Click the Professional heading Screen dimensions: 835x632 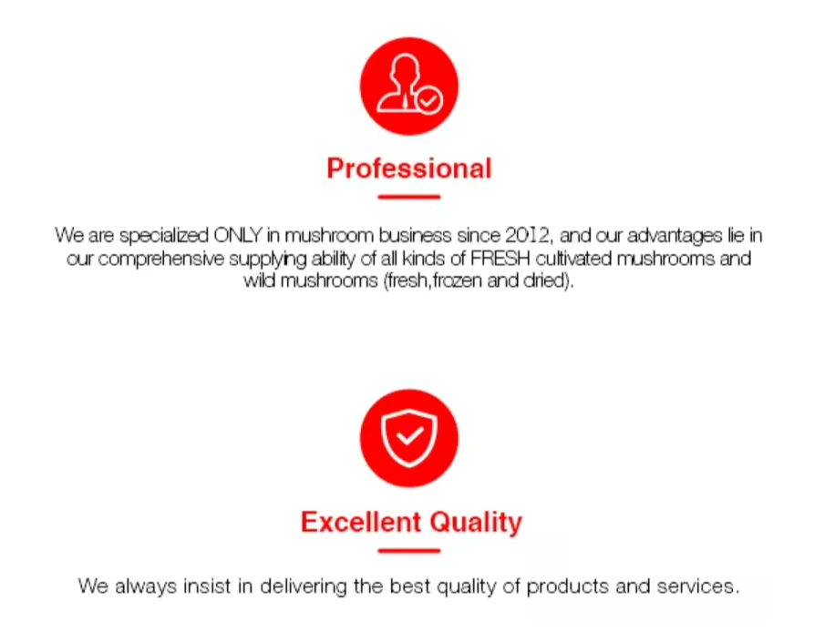tap(409, 168)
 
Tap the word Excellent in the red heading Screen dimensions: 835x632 tap(360, 522)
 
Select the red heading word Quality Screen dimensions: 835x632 tap(476, 523)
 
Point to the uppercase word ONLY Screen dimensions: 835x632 tap(238, 235)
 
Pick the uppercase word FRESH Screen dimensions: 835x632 tap(500, 259)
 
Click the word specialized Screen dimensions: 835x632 tap(163, 235)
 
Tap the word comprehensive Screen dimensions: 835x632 tap(161, 259)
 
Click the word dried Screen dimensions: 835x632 tap(543, 280)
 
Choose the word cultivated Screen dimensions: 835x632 tap(573, 259)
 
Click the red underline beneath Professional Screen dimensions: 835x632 tap(409, 197)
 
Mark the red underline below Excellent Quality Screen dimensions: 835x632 tap(409, 551)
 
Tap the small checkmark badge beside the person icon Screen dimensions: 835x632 tap(429, 100)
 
